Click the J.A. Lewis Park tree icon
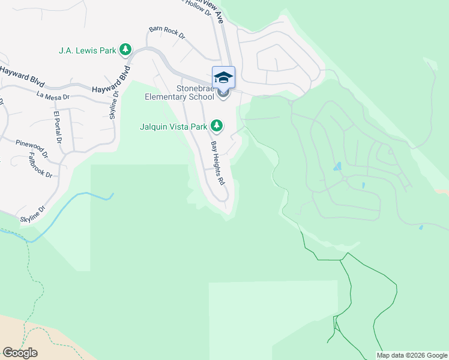coord(125,50)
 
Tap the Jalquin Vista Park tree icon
coord(217,126)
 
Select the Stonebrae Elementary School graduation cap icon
coord(223,78)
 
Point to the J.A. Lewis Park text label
coord(87,50)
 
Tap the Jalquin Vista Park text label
coord(173,127)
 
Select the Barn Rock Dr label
coord(166,32)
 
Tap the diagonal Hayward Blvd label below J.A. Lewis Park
coord(112,82)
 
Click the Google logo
coord(20,353)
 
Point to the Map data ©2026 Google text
coord(412,355)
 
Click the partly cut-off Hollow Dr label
coord(194,4)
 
